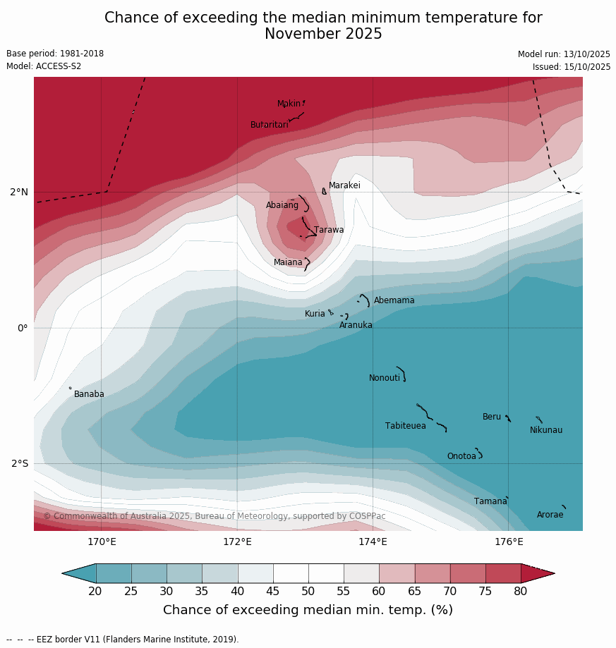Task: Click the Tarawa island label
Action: pos(329,230)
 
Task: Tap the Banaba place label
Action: pos(89,394)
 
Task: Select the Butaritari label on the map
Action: pos(269,125)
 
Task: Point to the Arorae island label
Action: pos(550,515)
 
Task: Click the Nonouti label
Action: pos(385,378)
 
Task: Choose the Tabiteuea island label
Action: pos(405,426)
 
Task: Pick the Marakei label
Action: pos(344,185)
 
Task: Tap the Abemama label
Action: pos(394,300)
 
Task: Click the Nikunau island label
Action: pos(546,430)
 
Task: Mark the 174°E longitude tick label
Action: pos(373,542)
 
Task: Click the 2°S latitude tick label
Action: pos(20,464)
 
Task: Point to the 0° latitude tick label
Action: pos(23,328)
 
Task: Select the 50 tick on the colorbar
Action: pos(308,592)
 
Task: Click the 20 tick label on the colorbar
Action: pos(95,592)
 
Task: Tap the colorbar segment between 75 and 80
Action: pos(503,573)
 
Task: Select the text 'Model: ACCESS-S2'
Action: pos(44,66)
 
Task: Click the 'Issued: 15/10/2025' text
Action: pos(571,67)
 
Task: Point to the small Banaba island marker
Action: pos(70,388)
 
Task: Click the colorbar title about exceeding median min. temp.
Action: pos(308,610)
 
